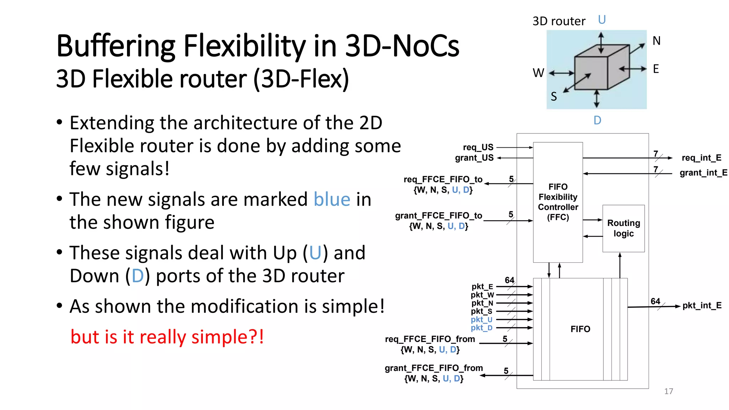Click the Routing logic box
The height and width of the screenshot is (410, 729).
(623, 228)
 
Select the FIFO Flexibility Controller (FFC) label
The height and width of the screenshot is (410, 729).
(558, 202)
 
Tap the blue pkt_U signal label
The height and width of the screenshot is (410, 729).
(481, 319)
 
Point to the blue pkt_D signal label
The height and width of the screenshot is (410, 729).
(481, 328)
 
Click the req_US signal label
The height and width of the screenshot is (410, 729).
(478, 147)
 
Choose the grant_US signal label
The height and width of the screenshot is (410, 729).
(474, 158)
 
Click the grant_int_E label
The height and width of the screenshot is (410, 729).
(703, 173)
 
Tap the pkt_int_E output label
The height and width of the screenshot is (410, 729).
(702, 305)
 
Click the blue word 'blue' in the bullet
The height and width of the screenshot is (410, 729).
(332, 199)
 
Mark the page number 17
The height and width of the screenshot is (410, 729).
(668, 391)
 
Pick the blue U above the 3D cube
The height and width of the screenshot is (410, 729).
(602, 20)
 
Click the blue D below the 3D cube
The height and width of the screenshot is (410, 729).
(597, 120)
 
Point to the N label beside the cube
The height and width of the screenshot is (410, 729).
(656, 41)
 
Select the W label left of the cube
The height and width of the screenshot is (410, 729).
(538, 73)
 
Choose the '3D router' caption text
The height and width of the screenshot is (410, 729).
(558, 21)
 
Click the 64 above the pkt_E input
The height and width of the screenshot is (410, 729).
(509, 280)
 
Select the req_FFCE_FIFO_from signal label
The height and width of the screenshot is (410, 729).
(430, 339)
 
